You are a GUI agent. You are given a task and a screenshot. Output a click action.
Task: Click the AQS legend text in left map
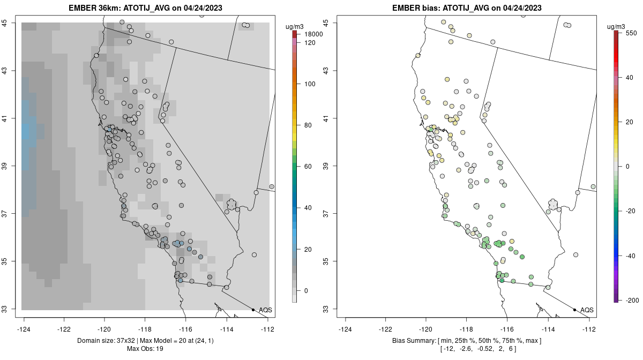coord(266,310)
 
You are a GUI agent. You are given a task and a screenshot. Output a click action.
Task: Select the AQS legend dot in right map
coord(574,310)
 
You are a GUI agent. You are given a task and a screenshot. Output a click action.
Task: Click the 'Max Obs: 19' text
coord(145,349)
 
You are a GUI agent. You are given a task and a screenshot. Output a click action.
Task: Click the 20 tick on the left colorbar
coord(309,249)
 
